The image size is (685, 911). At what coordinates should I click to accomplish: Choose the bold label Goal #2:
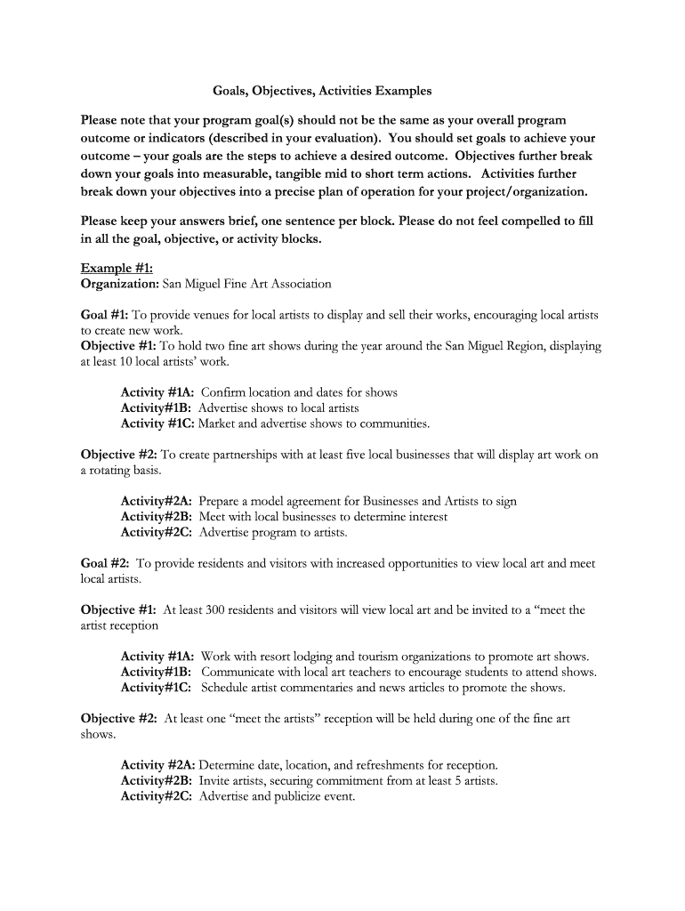[x=106, y=563]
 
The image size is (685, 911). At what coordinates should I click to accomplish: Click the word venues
[x=214, y=315]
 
